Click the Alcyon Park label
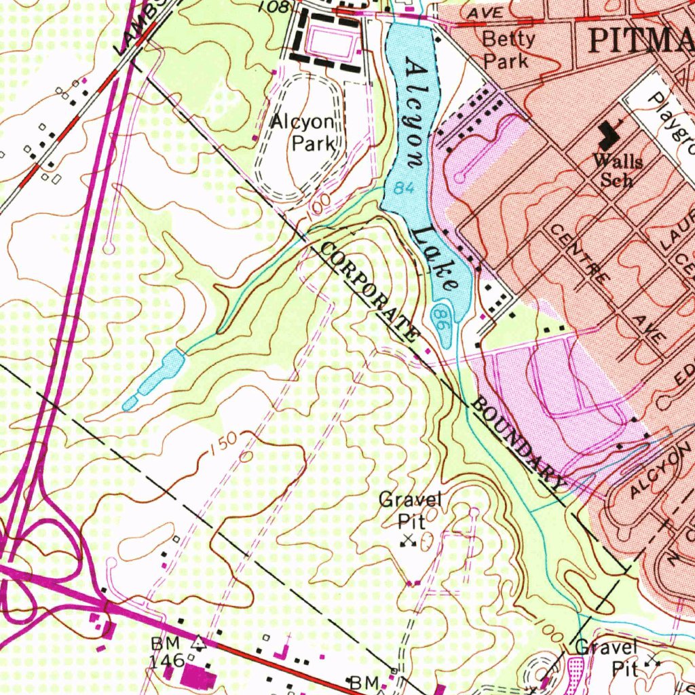click(303, 133)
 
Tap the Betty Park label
click(508, 50)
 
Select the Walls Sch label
click(617, 170)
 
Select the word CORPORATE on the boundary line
click(370, 291)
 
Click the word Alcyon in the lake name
click(415, 112)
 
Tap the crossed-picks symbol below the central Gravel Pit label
click(408, 540)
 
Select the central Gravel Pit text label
click(410, 510)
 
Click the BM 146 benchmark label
click(166, 651)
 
